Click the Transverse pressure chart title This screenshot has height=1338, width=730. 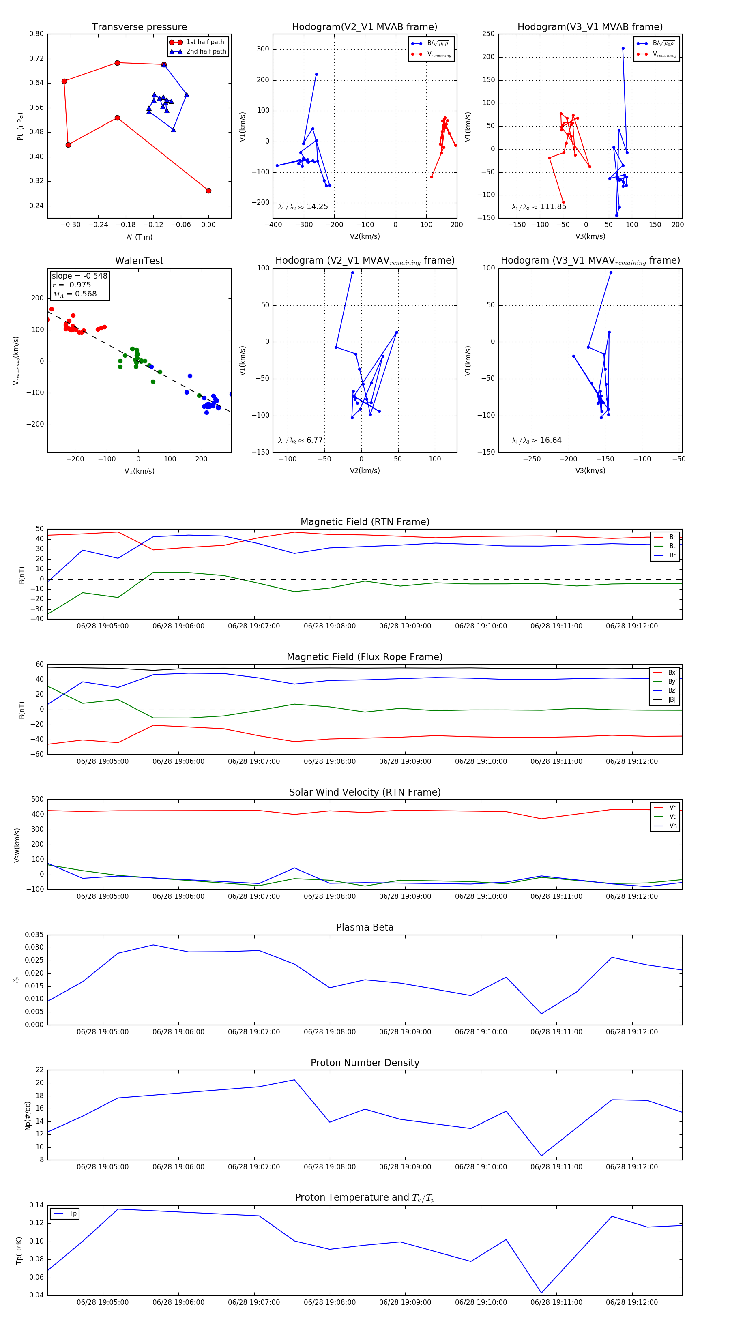(139, 27)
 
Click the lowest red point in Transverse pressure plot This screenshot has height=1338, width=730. (208, 191)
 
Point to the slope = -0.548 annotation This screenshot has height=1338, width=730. (79, 276)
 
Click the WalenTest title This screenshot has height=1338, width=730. (139, 261)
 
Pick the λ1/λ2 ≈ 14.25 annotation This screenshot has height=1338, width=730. (303, 207)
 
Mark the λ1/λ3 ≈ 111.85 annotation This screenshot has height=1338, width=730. (539, 207)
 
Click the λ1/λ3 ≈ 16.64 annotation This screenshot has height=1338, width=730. (537, 440)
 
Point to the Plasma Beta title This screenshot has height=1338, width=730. (365, 927)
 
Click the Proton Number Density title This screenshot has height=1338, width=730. (365, 1063)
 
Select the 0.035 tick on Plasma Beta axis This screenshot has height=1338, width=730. (34, 935)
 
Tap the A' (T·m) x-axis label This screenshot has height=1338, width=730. (139, 237)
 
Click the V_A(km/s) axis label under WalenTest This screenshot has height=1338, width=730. (139, 471)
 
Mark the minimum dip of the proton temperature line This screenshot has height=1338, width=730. (541, 1293)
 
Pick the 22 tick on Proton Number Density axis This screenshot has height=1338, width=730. (39, 1070)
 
